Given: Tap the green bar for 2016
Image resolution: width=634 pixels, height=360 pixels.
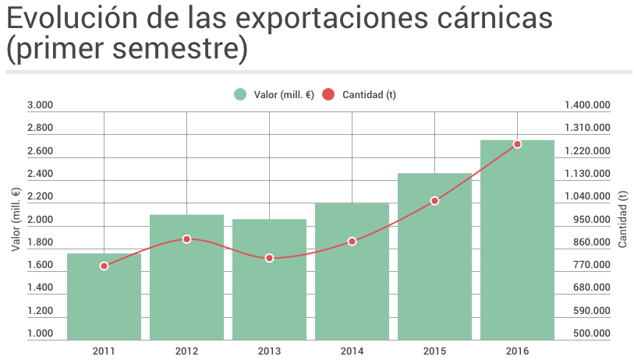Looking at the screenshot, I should [517, 249].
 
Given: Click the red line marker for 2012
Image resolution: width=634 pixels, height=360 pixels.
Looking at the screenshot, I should [186, 239].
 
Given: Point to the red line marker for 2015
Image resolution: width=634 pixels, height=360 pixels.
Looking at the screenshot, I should [434, 201].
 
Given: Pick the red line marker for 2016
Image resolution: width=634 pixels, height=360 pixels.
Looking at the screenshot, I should [517, 144].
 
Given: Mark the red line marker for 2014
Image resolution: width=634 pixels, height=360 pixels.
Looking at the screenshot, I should [352, 242].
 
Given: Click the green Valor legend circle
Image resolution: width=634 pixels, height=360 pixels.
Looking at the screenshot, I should [240, 94].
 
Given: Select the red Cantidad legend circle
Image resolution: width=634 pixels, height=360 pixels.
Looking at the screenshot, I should [328, 94].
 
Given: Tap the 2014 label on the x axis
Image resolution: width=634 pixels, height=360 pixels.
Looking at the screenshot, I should [352, 351].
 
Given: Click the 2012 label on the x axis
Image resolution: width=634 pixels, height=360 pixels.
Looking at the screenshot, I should [186, 351].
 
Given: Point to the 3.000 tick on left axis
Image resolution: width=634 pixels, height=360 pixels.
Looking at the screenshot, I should [40, 105].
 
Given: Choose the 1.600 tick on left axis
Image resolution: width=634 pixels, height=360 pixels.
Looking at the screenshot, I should [40, 266].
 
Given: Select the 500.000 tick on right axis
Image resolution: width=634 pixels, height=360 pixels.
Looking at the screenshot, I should [591, 334].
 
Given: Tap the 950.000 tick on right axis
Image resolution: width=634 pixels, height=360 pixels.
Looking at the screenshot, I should [591, 220].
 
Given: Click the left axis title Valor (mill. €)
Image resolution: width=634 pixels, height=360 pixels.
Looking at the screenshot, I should [16, 221].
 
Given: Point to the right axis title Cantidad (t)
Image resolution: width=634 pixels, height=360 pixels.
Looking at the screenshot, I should [622, 221].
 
